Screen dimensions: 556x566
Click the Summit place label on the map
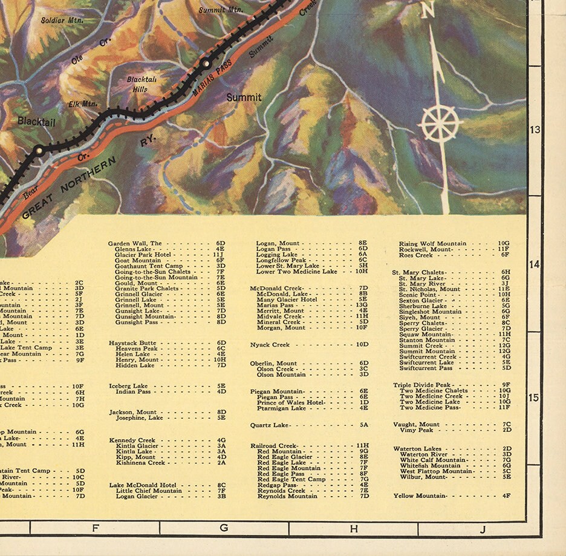pyautogui.click(x=244, y=97)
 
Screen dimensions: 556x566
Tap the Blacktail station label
pyautogui.click(x=36, y=121)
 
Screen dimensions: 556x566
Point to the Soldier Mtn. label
pyautogui.click(x=62, y=20)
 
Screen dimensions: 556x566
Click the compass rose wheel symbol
pyautogui.click(x=440, y=123)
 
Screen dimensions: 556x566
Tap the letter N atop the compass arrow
pyautogui.click(x=427, y=11)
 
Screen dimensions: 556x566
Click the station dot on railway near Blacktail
pyautogui.click(x=39, y=151)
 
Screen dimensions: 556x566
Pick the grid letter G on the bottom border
pyautogui.click(x=224, y=528)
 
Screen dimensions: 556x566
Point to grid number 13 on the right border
pyautogui.click(x=535, y=129)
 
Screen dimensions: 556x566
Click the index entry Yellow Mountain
pyautogui.click(x=420, y=496)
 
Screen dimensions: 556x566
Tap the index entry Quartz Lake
pyautogui.click(x=270, y=425)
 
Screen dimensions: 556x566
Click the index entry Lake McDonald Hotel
pyautogui.click(x=143, y=485)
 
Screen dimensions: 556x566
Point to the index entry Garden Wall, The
pyautogui.click(x=135, y=243)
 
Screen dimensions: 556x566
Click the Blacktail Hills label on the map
pyautogui.click(x=141, y=83)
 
